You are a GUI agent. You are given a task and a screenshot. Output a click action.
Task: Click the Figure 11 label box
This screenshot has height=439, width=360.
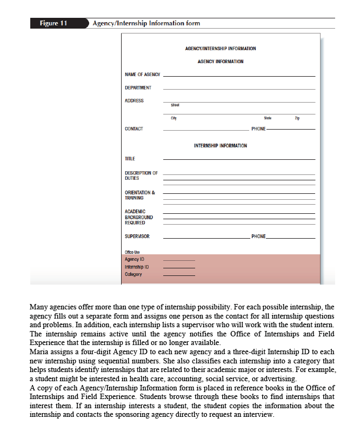[x=53, y=23]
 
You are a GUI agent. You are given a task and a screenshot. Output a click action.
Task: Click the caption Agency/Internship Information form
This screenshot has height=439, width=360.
[x=146, y=23]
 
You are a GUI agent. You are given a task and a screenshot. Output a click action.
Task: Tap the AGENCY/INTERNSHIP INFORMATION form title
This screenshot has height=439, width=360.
[x=220, y=49]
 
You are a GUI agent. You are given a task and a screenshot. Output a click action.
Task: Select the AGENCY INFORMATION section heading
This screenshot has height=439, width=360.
[x=221, y=62]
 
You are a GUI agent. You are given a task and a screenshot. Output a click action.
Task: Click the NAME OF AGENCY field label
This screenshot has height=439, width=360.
[x=142, y=75]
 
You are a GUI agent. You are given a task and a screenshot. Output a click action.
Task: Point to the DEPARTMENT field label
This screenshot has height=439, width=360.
[x=138, y=87]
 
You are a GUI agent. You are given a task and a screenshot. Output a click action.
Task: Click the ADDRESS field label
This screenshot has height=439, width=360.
[x=134, y=101]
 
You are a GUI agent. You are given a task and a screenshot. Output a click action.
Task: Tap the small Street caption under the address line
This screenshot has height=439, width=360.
[x=175, y=105]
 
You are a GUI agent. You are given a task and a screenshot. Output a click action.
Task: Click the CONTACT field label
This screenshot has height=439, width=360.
[x=134, y=129]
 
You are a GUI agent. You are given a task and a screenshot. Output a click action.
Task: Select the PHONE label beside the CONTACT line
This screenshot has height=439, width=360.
[x=258, y=129]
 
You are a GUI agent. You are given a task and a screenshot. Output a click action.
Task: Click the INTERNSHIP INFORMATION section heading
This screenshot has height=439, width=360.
[x=220, y=146]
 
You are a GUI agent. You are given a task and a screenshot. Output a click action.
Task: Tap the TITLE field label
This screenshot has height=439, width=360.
[x=130, y=159]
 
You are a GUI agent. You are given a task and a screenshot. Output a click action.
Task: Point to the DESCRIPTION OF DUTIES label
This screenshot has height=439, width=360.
[x=141, y=175]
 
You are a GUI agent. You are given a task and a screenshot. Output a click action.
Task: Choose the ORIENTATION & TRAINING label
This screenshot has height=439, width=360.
[x=139, y=195]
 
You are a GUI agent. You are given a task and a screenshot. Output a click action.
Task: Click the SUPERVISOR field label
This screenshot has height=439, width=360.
[x=137, y=237]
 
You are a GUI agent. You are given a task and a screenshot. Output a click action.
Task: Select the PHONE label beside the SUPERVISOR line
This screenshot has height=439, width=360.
[x=258, y=237]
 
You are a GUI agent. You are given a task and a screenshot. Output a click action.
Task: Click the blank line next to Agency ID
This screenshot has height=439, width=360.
[x=179, y=260]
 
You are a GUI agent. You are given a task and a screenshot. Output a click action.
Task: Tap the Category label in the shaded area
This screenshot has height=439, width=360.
[x=133, y=274]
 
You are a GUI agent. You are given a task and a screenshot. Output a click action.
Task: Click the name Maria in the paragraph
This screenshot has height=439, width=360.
[x=39, y=353]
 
